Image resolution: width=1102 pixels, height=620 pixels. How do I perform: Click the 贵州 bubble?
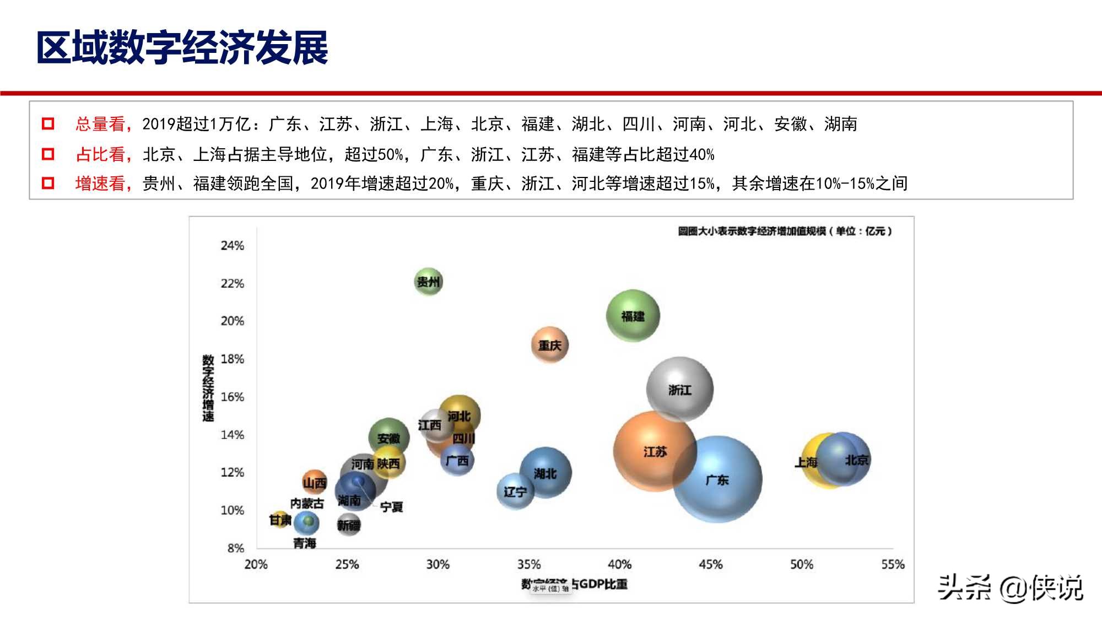(x=428, y=282)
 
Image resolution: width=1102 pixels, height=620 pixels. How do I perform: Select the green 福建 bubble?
(x=633, y=316)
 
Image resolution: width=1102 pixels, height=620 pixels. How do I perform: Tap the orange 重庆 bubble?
(x=549, y=346)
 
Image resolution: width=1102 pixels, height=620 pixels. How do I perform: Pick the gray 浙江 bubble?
(x=679, y=390)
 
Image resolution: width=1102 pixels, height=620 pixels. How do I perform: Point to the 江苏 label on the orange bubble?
(x=655, y=452)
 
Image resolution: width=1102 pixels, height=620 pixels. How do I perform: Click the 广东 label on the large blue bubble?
(x=717, y=481)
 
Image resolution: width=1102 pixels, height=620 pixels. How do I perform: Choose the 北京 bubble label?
(x=856, y=460)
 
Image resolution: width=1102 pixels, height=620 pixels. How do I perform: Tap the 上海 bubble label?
(x=806, y=462)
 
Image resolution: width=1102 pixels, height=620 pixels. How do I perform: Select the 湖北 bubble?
(x=545, y=473)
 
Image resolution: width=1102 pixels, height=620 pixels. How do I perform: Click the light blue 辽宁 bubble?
(x=515, y=491)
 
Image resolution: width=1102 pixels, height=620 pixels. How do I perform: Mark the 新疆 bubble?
(x=348, y=525)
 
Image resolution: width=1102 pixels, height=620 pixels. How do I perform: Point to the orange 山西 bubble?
(x=314, y=483)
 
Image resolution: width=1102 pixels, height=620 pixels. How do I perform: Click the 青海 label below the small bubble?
(x=305, y=543)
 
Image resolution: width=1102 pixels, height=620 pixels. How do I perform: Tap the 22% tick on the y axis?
(x=232, y=283)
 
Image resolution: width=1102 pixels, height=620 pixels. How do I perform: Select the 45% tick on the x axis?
(x=710, y=564)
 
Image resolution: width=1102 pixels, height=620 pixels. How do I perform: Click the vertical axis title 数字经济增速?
(x=208, y=388)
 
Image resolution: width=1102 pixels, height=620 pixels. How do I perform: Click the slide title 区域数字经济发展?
(x=182, y=47)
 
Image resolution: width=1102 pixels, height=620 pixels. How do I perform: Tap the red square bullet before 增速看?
(x=48, y=183)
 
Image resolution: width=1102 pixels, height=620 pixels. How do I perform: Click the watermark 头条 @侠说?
(x=1010, y=587)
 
